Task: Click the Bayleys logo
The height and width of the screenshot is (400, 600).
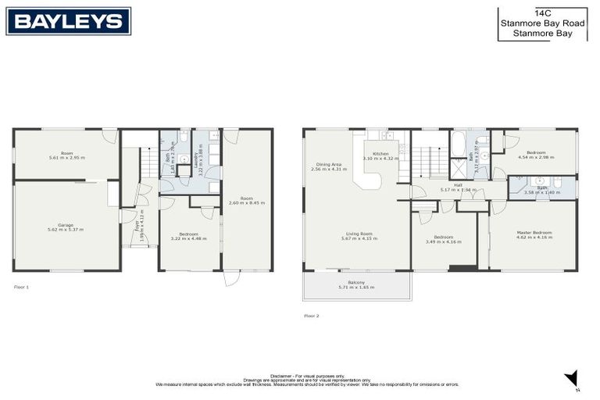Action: pyautogui.click(x=69, y=21)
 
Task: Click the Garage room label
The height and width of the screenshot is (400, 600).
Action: pyautogui.click(x=66, y=227)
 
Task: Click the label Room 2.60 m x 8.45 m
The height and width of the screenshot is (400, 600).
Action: pyautogui.click(x=247, y=201)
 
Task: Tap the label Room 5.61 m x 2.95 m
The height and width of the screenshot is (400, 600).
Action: pyautogui.click(x=66, y=155)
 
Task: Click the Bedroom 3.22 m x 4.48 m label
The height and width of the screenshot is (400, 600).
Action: pyautogui.click(x=188, y=237)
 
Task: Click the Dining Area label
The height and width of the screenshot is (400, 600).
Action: pyautogui.click(x=329, y=166)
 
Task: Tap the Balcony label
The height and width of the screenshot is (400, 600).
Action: pyautogui.click(x=356, y=285)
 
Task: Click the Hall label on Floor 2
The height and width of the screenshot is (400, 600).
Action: pyautogui.click(x=458, y=187)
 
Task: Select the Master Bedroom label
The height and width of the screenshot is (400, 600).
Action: pyautogui.click(x=534, y=234)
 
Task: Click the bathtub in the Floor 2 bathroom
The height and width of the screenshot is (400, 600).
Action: pyautogui.click(x=459, y=145)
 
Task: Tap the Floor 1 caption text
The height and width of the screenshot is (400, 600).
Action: pyautogui.click(x=21, y=287)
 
